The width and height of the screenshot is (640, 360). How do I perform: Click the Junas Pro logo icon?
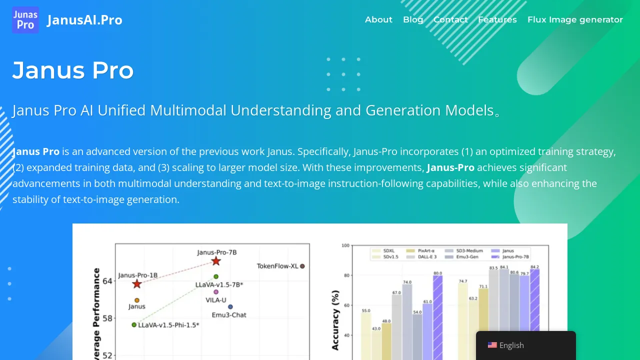pyautogui.click(x=25, y=20)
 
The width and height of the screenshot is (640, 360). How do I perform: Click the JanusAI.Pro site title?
pyautogui.click(x=84, y=20)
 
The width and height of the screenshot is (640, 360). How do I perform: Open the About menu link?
pyautogui.click(x=378, y=19)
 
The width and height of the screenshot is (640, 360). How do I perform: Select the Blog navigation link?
pyautogui.click(x=413, y=19)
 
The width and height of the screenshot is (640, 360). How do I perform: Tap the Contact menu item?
pyautogui.click(x=450, y=19)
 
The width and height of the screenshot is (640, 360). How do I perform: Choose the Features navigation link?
pyautogui.click(x=497, y=19)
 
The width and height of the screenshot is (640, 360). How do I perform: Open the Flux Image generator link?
pyautogui.click(x=575, y=19)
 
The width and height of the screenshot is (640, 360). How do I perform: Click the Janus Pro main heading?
pyautogui.click(x=73, y=70)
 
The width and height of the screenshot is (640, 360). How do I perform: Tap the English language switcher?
pyautogui.click(x=511, y=345)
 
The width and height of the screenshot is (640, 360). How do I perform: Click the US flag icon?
pyautogui.click(x=492, y=345)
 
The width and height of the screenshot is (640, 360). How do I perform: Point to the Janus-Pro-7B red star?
pyautogui.click(x=216, y=261)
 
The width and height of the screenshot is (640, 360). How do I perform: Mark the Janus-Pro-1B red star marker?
pyautogui.click(x=137, y=284)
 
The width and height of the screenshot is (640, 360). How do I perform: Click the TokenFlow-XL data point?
pyautogui.click(x=302, y=266)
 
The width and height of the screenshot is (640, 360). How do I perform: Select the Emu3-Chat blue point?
pyautogui.click(x=230, y=307)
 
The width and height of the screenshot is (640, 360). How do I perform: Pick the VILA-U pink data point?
pyautogui.click(x=216, y=292)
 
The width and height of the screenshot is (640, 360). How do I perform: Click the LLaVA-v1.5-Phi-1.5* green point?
pyautogui.click(x=134, y=325)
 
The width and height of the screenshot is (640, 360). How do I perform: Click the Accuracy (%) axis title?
pyautogui.click(x=335, y=320)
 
